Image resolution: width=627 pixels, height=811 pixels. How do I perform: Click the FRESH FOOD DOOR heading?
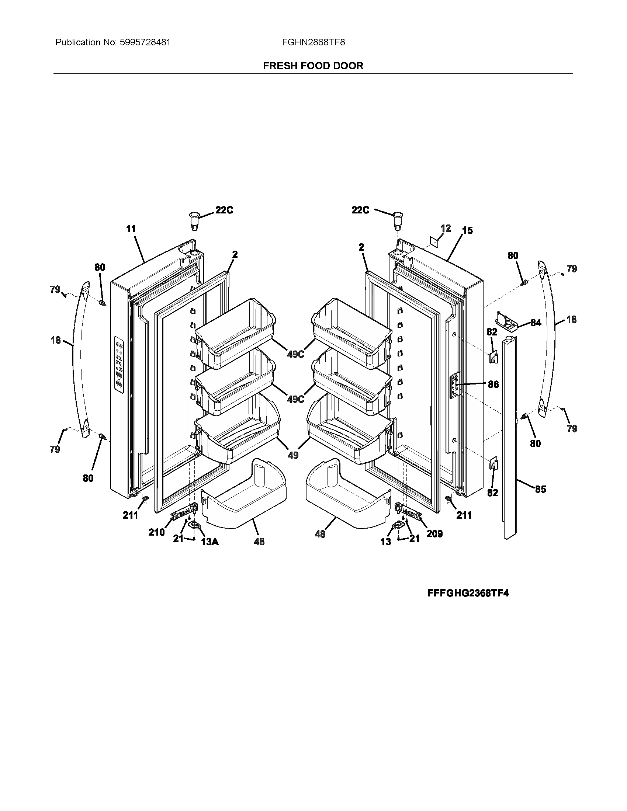pos(313,66)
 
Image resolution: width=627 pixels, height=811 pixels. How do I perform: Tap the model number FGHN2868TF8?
pos(313,42)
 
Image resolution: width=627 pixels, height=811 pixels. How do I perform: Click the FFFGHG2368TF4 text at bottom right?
pos(468,593)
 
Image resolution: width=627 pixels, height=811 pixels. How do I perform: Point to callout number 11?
pos(131,229)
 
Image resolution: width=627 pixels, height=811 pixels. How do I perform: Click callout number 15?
pos(467,230)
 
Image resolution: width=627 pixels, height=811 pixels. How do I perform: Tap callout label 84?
pos(536,323)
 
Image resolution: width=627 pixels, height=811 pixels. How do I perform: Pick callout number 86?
pos(493,384)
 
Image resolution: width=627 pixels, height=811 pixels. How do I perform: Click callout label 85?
pos(540,489)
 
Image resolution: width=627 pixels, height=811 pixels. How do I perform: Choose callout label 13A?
pos(209,542)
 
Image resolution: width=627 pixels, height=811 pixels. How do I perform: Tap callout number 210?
pos(156,532)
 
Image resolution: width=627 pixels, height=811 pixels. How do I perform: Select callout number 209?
pos(434,534)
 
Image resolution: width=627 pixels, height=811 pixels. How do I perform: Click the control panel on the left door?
pos(119,364)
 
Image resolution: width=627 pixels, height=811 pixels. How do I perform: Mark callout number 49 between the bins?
pos(293,455)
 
